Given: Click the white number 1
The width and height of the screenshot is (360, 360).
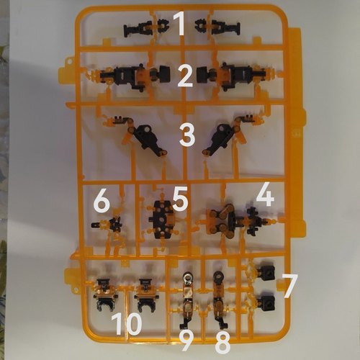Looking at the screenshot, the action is [179, 24].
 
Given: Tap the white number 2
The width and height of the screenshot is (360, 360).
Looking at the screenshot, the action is [185, 76].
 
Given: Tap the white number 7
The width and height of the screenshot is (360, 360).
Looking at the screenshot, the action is [290, 287].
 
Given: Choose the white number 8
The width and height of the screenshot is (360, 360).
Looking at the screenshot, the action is [223, 343].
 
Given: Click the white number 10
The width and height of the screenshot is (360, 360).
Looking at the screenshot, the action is [127, 324].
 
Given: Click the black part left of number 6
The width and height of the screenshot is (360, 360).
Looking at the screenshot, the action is [108, 225].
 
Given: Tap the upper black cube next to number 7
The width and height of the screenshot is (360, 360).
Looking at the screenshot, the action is [266, 273].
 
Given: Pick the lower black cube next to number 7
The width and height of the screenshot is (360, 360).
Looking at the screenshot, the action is [266, 303].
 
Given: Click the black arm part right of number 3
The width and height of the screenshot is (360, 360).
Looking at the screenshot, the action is [221, 139].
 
